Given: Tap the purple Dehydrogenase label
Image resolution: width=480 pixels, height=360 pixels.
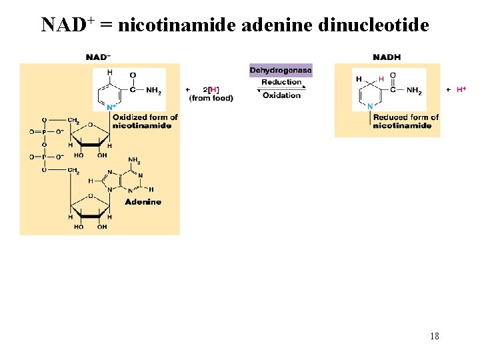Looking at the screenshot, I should [x=281, y=70].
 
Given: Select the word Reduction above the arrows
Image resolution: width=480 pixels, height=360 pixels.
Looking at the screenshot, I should [x=281, y=82].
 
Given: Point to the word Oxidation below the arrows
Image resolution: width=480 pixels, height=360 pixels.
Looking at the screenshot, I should [x=281, y=95].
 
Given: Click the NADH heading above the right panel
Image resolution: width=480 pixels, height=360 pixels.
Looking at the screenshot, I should [x=387, y=57].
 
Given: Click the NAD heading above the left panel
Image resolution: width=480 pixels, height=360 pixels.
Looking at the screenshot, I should [x=98, y=57].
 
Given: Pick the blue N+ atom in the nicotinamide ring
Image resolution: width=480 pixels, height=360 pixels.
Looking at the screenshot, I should [x=111, y=106].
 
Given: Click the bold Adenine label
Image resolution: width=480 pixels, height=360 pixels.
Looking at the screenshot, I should [x=143, y=201].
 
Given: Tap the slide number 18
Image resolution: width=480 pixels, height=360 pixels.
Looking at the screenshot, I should [x=434, y=336].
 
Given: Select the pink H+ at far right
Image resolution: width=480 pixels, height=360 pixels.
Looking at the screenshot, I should [x=461, y=89].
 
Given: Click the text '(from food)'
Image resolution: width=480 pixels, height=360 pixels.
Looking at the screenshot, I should [x=211, y=98].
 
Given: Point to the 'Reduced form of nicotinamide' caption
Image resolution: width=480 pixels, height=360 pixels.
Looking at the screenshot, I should [x=405, y=121].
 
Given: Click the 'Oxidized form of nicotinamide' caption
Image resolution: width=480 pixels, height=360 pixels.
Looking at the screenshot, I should [x=145, y=121].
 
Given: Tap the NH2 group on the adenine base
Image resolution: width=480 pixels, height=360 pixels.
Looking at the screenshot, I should [x=134, y=160].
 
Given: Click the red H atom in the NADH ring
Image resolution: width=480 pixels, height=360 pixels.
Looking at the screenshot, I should [x=381, y=79].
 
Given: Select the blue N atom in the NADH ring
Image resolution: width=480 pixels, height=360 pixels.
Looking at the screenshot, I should [x=370, y=106].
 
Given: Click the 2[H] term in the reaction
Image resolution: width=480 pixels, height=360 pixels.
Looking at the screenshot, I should [x=211, y=89].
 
